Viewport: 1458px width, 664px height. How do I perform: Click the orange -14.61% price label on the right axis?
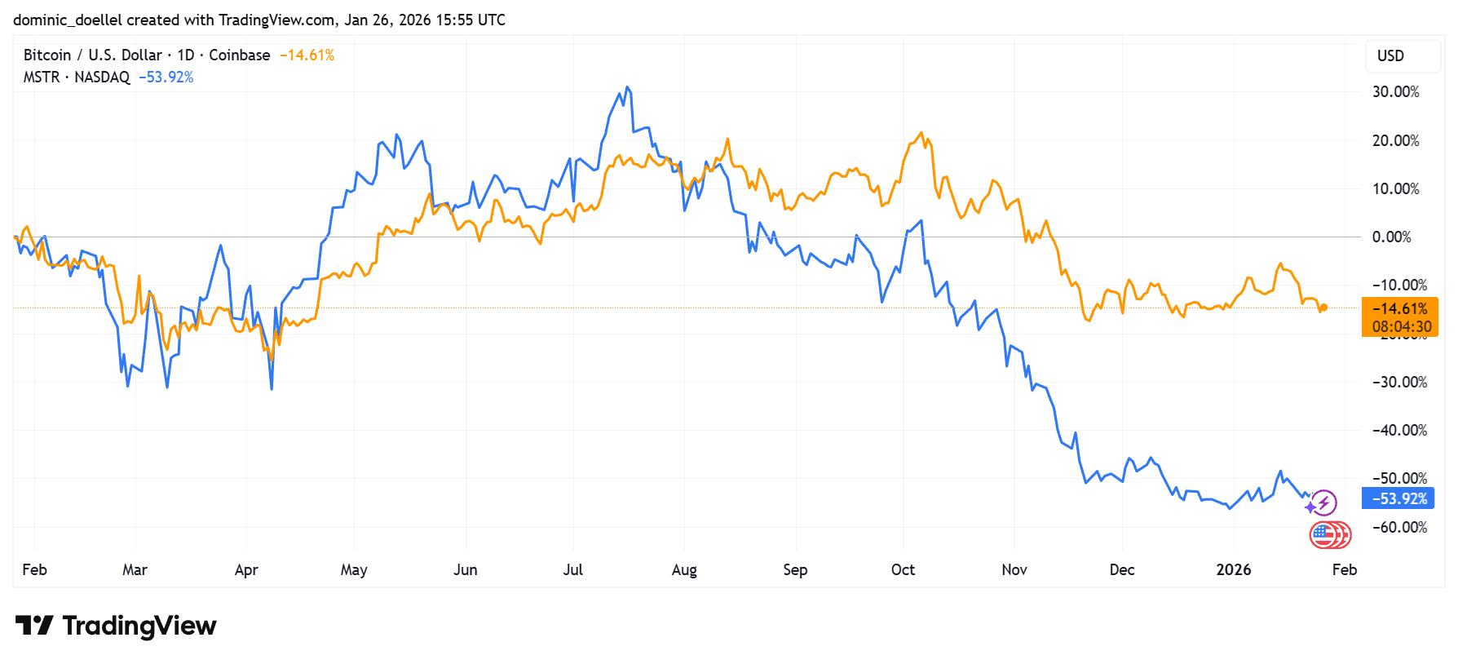[1399, 309]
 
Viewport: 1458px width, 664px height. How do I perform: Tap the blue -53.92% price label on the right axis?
[1398, 498]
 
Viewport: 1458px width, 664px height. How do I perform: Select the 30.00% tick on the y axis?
[1395, 92]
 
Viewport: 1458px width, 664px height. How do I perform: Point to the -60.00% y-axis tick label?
[1399, 528]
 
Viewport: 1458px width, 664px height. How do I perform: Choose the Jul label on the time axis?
[572, 570]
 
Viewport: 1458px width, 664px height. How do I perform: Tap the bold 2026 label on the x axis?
[1233, 570]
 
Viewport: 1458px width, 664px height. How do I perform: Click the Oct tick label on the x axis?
[903, 570]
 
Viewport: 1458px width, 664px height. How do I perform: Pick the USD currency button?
[1390, 56]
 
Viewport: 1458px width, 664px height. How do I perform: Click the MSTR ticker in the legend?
[42, 77]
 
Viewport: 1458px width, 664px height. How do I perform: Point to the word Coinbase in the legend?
[239, 55]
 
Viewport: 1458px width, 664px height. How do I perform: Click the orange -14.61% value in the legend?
[307, 55]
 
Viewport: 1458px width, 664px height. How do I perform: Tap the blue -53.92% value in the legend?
[166, 77]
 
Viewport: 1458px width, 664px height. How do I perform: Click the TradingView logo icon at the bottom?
[34, 626]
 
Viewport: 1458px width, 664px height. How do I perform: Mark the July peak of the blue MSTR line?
[626, 87]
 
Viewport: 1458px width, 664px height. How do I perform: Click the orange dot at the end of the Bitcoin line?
[1323, 308]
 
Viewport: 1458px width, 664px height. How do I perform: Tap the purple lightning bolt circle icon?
[1324, 502]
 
